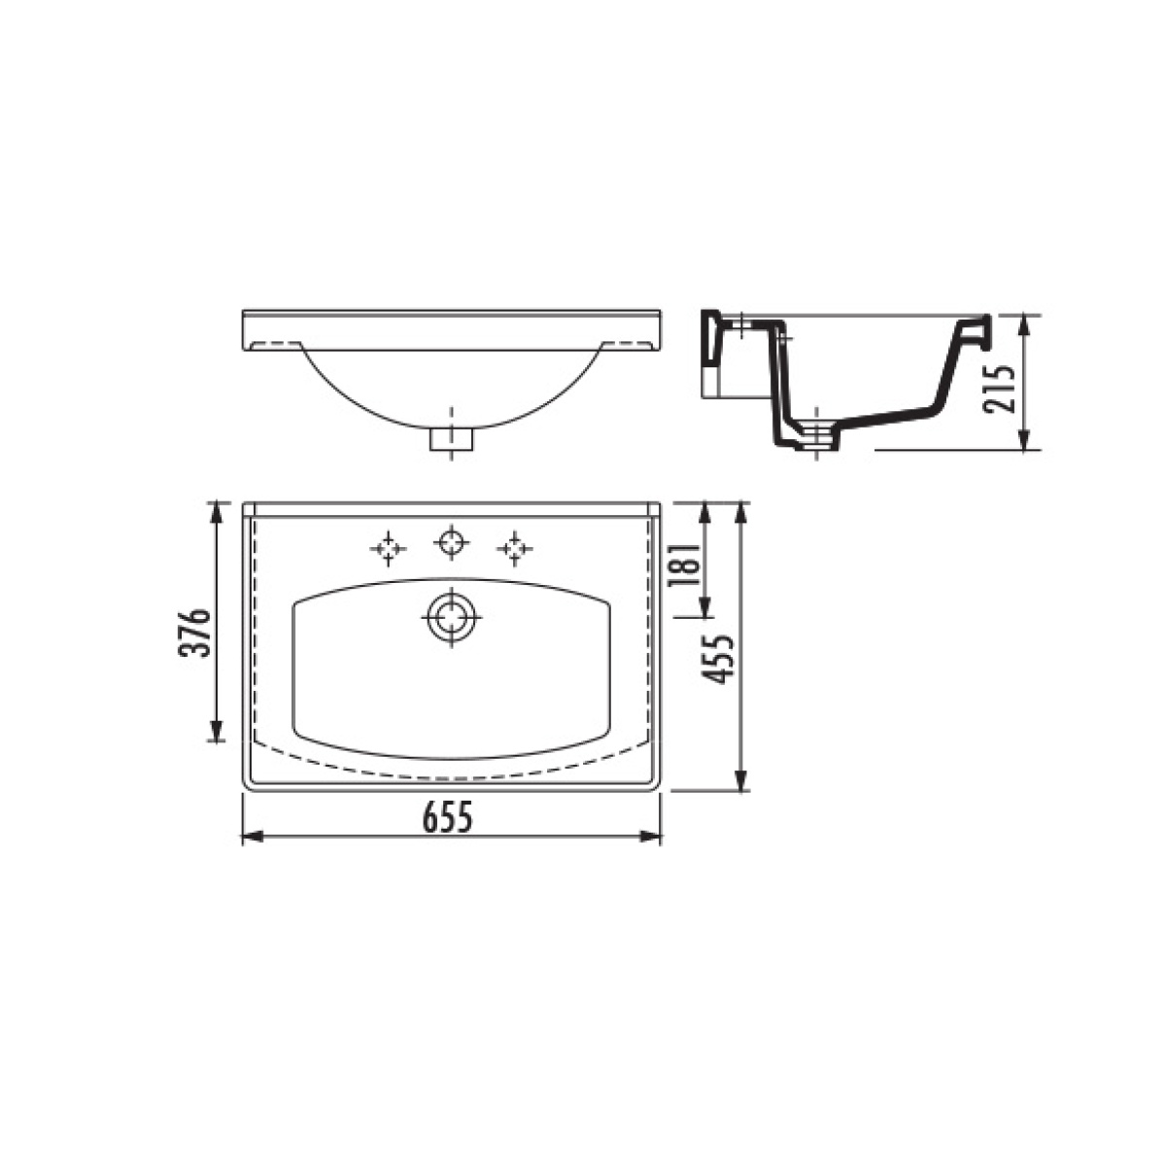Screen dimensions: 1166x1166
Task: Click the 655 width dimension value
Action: tap(448, 818)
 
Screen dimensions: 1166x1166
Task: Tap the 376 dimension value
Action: tap(194, 633)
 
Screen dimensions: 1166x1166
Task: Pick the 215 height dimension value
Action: tap(1000, 389)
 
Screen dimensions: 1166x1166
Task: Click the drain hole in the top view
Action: tap(452, 618)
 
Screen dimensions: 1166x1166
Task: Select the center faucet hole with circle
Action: tap(452, 541)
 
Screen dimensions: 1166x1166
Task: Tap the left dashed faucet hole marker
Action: tap(388, 549)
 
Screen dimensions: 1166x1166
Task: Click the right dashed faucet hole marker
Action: tap(514, 549)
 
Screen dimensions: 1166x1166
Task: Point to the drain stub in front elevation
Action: tap(451, 438)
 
